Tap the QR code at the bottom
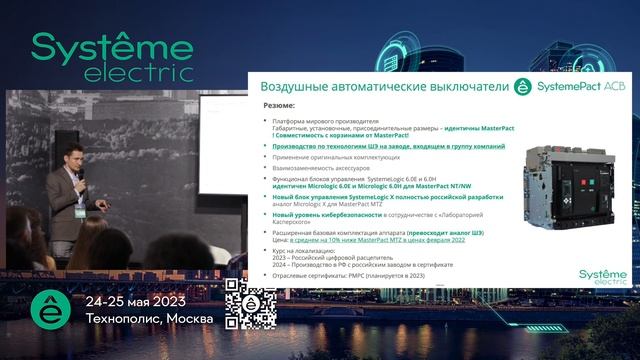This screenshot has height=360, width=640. [249, 304]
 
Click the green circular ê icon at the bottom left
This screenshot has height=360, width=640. [49, 309]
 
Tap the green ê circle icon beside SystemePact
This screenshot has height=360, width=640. [521, 86]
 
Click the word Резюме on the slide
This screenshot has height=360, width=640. [279, 105]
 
